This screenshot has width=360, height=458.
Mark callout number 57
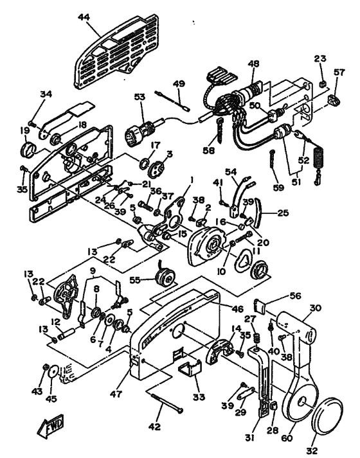[339, 73]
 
